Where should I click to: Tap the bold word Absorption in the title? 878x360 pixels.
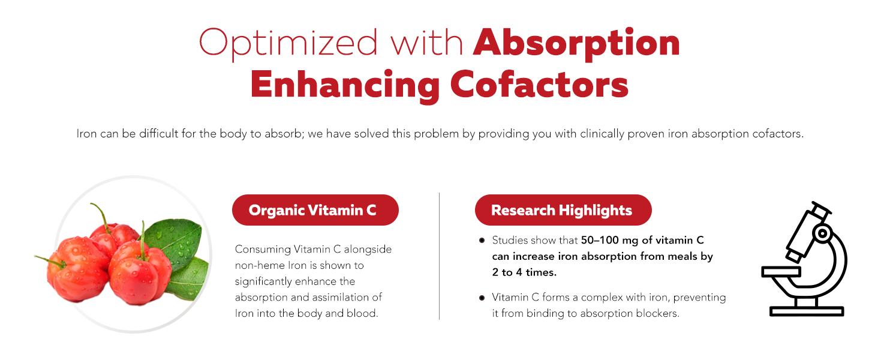tap(576, 43)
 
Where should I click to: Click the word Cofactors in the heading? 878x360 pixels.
tap(539, 85)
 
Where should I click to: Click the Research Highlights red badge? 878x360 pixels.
tap(563, 211)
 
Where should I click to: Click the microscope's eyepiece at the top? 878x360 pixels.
tap(820, 211)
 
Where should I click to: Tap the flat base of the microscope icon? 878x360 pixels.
tap(806, 311)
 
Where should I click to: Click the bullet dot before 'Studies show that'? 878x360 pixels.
tap(482, 241)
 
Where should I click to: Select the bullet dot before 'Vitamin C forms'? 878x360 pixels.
tap(482, 298)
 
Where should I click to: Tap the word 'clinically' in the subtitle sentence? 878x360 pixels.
tap(602, 134)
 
